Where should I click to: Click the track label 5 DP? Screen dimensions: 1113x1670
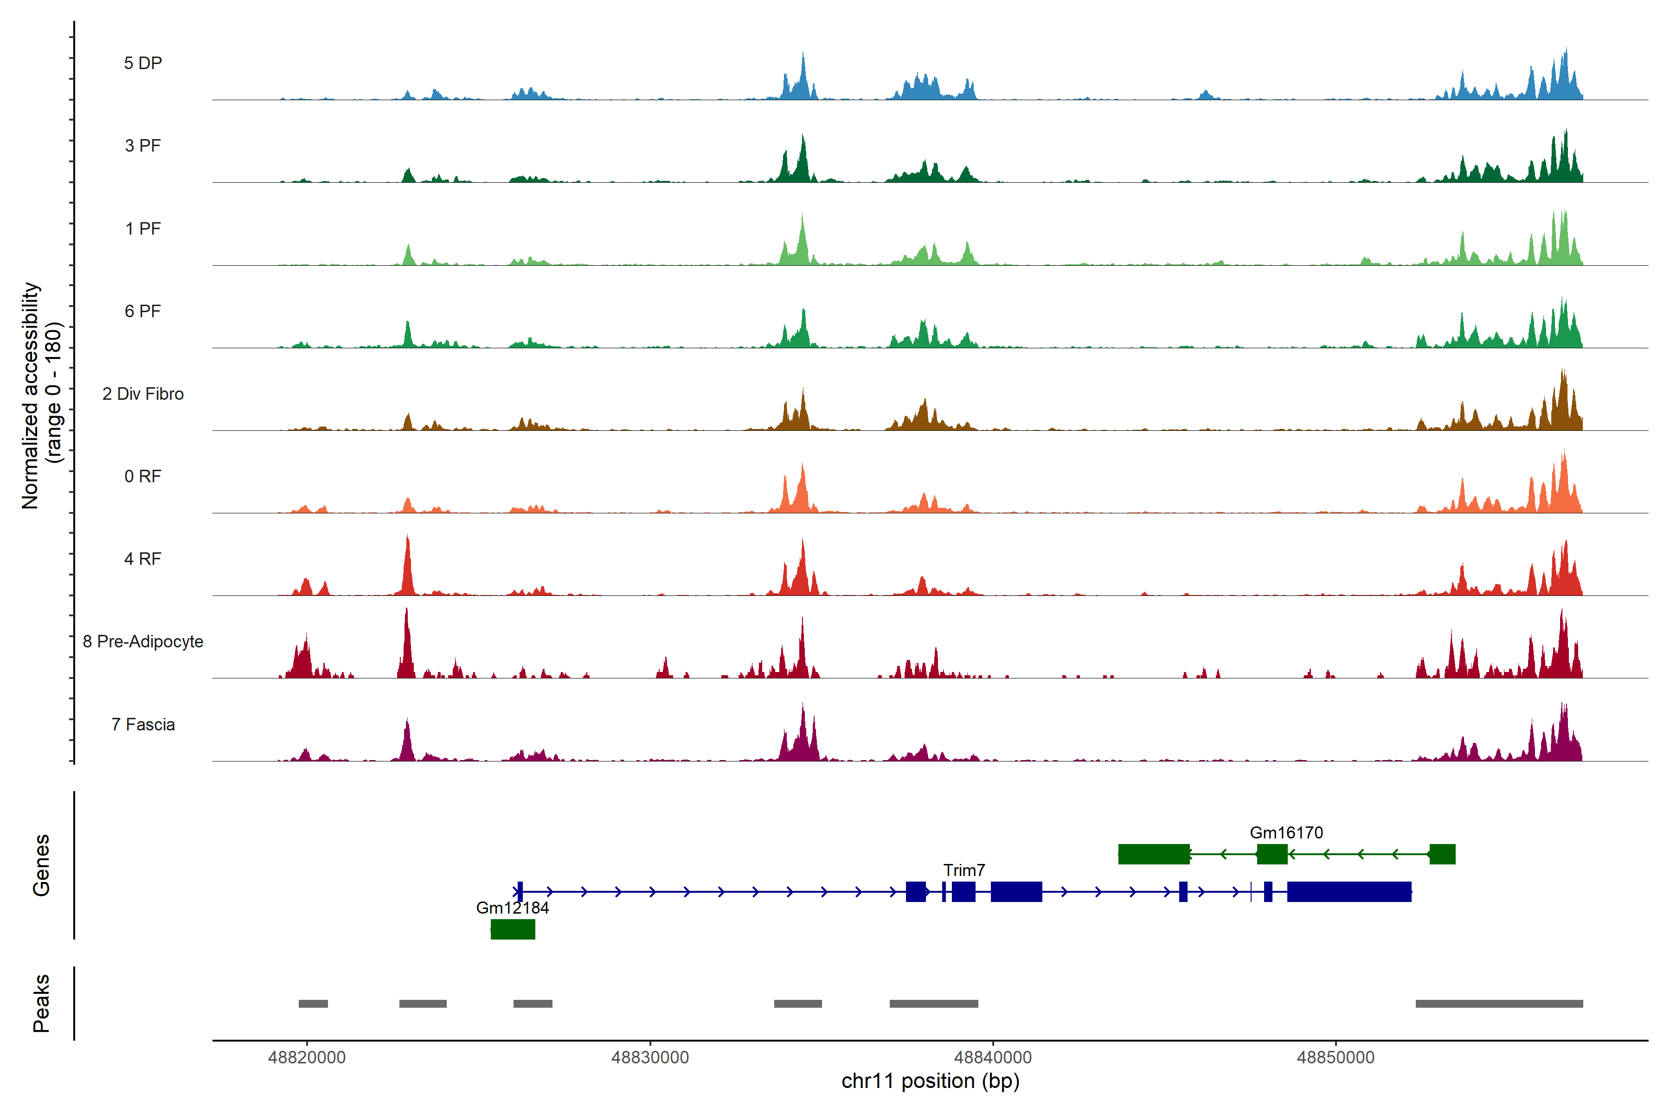[143, 63]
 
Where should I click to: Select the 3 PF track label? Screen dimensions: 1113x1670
[143, 146]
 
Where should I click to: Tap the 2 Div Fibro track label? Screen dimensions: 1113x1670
[143, 394]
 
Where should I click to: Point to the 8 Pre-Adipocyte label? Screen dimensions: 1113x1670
[143, 642]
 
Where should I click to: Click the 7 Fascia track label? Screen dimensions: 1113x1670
[143, 725]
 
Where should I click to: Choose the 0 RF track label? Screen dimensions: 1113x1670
[143, 476]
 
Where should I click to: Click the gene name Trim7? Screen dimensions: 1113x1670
[963, 870]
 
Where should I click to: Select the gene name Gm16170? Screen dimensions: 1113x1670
[1286, 832]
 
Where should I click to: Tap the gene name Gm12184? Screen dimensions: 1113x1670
[512, 908]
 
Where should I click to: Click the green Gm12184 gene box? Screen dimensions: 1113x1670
[513, 929]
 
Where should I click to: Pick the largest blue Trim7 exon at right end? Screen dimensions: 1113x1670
[1349, 891]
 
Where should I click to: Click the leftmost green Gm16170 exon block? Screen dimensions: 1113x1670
[1153, 854]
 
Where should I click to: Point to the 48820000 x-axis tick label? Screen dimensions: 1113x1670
[307, 1058]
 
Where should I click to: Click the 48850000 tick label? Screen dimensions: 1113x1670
[1335, 1058]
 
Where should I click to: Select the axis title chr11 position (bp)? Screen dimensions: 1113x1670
[930, 1081]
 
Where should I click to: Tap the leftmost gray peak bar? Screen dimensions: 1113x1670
[313, 1004]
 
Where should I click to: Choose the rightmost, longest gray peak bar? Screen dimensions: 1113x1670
[1499, 1004]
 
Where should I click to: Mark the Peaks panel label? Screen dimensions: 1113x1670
[41, 1003]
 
